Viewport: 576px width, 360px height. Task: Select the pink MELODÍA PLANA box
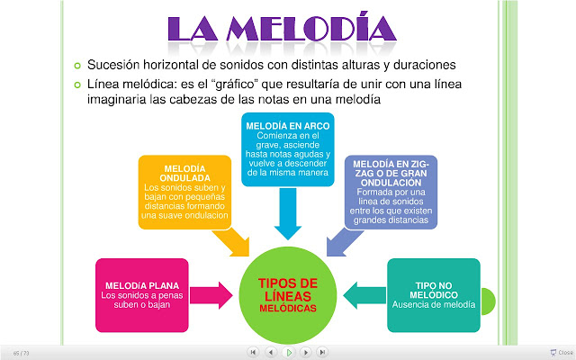pyautogui.click(x=136, y=293)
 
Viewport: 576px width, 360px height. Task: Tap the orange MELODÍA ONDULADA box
pyautogui.click(x=184, y=191)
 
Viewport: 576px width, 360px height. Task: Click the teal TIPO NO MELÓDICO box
pyautogui.click(x=433, y=294)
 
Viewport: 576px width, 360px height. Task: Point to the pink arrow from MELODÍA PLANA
pyautogui.click(x=213, y=293)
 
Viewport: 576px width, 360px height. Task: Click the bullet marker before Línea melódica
pyautogui.click(x=78, y=85)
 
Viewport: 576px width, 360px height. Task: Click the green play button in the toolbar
pyautogui.click(x=288, y=352)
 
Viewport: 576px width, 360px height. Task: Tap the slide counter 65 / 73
pyautogui.click(x=20, y=352)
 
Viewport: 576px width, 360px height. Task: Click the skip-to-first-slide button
pyautogui.click(x=253, y=352)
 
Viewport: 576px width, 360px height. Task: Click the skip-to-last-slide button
pyautogui.click(x=322, y=352)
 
